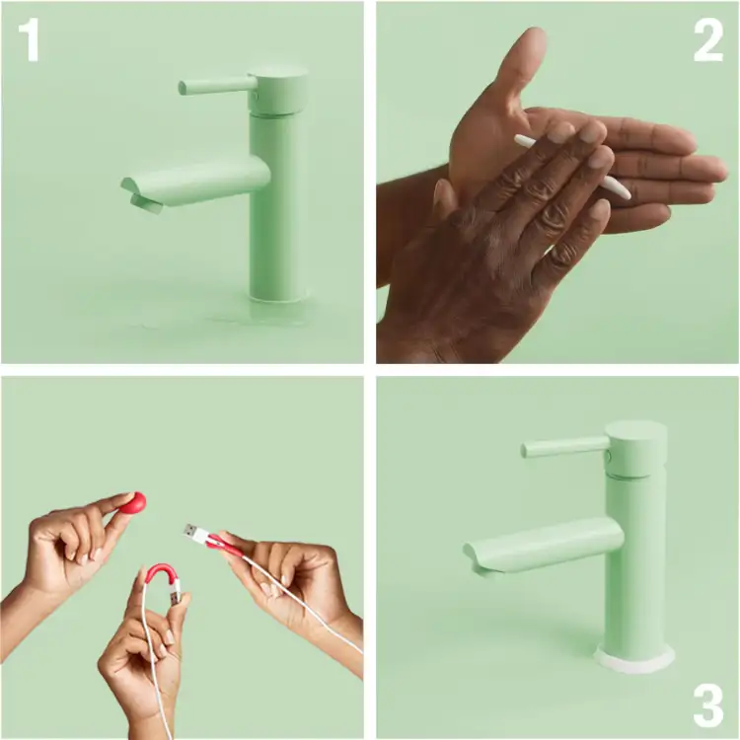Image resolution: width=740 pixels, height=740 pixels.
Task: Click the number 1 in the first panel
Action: [29, 40]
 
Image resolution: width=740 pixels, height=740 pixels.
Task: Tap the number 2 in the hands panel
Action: [707, 40]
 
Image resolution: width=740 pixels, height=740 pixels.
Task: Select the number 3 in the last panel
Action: [708, 706]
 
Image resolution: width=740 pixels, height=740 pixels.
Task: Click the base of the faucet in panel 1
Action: [278, 294]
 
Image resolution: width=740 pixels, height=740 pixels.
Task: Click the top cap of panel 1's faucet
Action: [277, 76]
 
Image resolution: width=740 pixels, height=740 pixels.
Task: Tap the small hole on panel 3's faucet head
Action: [609, 456]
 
